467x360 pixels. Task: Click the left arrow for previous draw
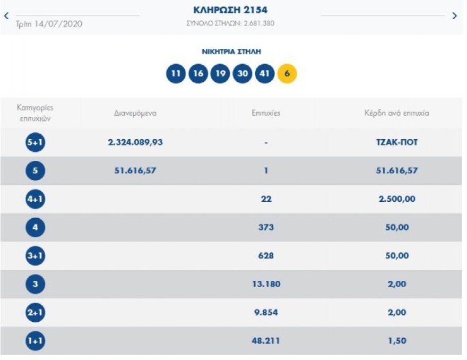[x=6, y=15]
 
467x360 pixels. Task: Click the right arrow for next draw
[x=454, y=16]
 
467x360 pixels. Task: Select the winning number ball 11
[x=176, y=74]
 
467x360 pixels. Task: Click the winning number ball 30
[x=242, y=74]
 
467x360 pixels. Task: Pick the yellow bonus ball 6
[x=287, y=74]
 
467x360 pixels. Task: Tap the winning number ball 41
[x=264, y=74]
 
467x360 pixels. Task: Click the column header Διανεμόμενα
[x=135, y=113]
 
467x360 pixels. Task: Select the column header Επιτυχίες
[x=266, y=113]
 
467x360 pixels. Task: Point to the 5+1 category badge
[x=36, y=142]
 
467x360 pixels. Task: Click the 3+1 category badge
[x=36, y=256]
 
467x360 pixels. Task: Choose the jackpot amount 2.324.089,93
[x=135, y=142]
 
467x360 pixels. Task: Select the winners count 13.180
[x=266, y=284]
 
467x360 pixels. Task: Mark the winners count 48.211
[x=266, y=341]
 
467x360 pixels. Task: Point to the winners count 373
[x=266, y=227]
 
